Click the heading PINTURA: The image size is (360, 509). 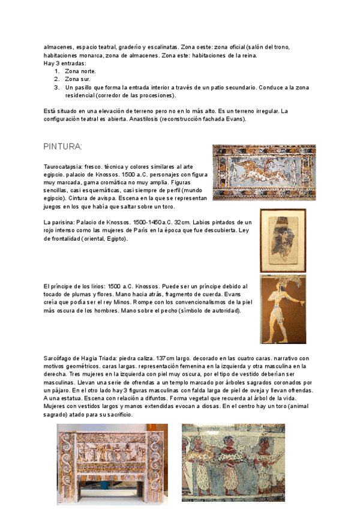[63, 147]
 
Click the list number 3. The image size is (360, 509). [56, 87]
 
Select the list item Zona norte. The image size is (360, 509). [80, 71]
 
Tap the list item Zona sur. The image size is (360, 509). [78, 79]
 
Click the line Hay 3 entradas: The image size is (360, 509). [65, 63]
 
